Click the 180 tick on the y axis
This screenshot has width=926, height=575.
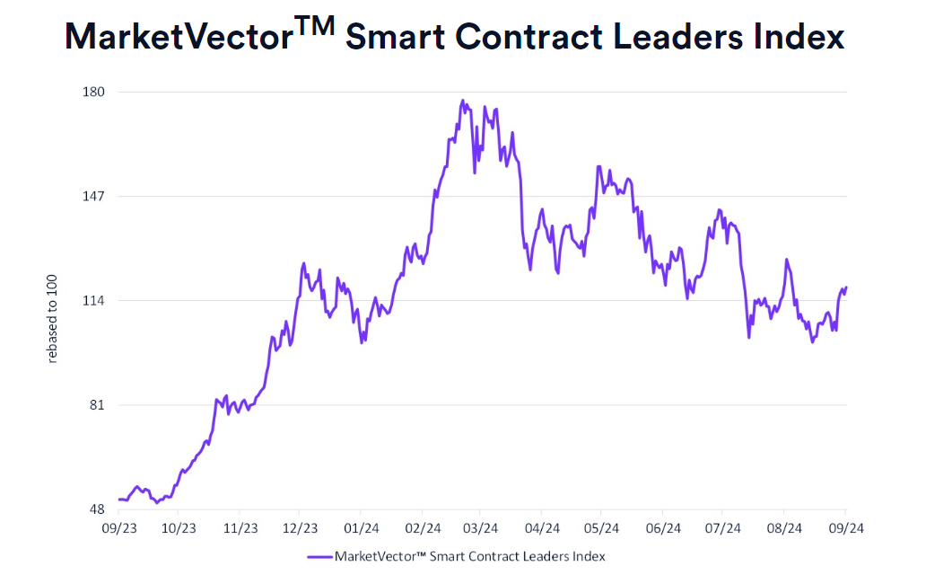pyautogui.click(x=94, y=92)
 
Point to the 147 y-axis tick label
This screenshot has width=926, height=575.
pyautogui.click(x=94, y=196)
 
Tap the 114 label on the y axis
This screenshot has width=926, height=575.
pyautogui.click(x=94, y=300)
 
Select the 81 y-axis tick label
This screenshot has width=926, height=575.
pyautogui.click(x=97, y=404)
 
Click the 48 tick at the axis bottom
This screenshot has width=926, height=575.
pyautogui.click(x=97, y=509)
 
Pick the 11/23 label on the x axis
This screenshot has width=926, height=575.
pyautogui.click(x=240, y=528)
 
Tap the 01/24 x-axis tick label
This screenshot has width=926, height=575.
pyautogui.click(x=361, y=528)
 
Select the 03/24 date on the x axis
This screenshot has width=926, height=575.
pyautogui.click(x=481, y=528)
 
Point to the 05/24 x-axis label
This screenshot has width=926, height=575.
pyautogui.click(x=602, y=528)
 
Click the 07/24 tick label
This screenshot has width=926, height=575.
pyautogui.click(x=722, y=528)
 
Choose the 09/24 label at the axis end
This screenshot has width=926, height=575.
pyautogui.click(x=844, y=528)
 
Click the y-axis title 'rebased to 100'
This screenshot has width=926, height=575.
pyautogui.click(x=52, y=318)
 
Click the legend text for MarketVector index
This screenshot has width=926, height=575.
pyautogui.click(x=469, y=556)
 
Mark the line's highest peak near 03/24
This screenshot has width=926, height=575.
pyautogui.click(x=463, y=101)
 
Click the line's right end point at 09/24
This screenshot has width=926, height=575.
pyautogui.click(x=846, y=287)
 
